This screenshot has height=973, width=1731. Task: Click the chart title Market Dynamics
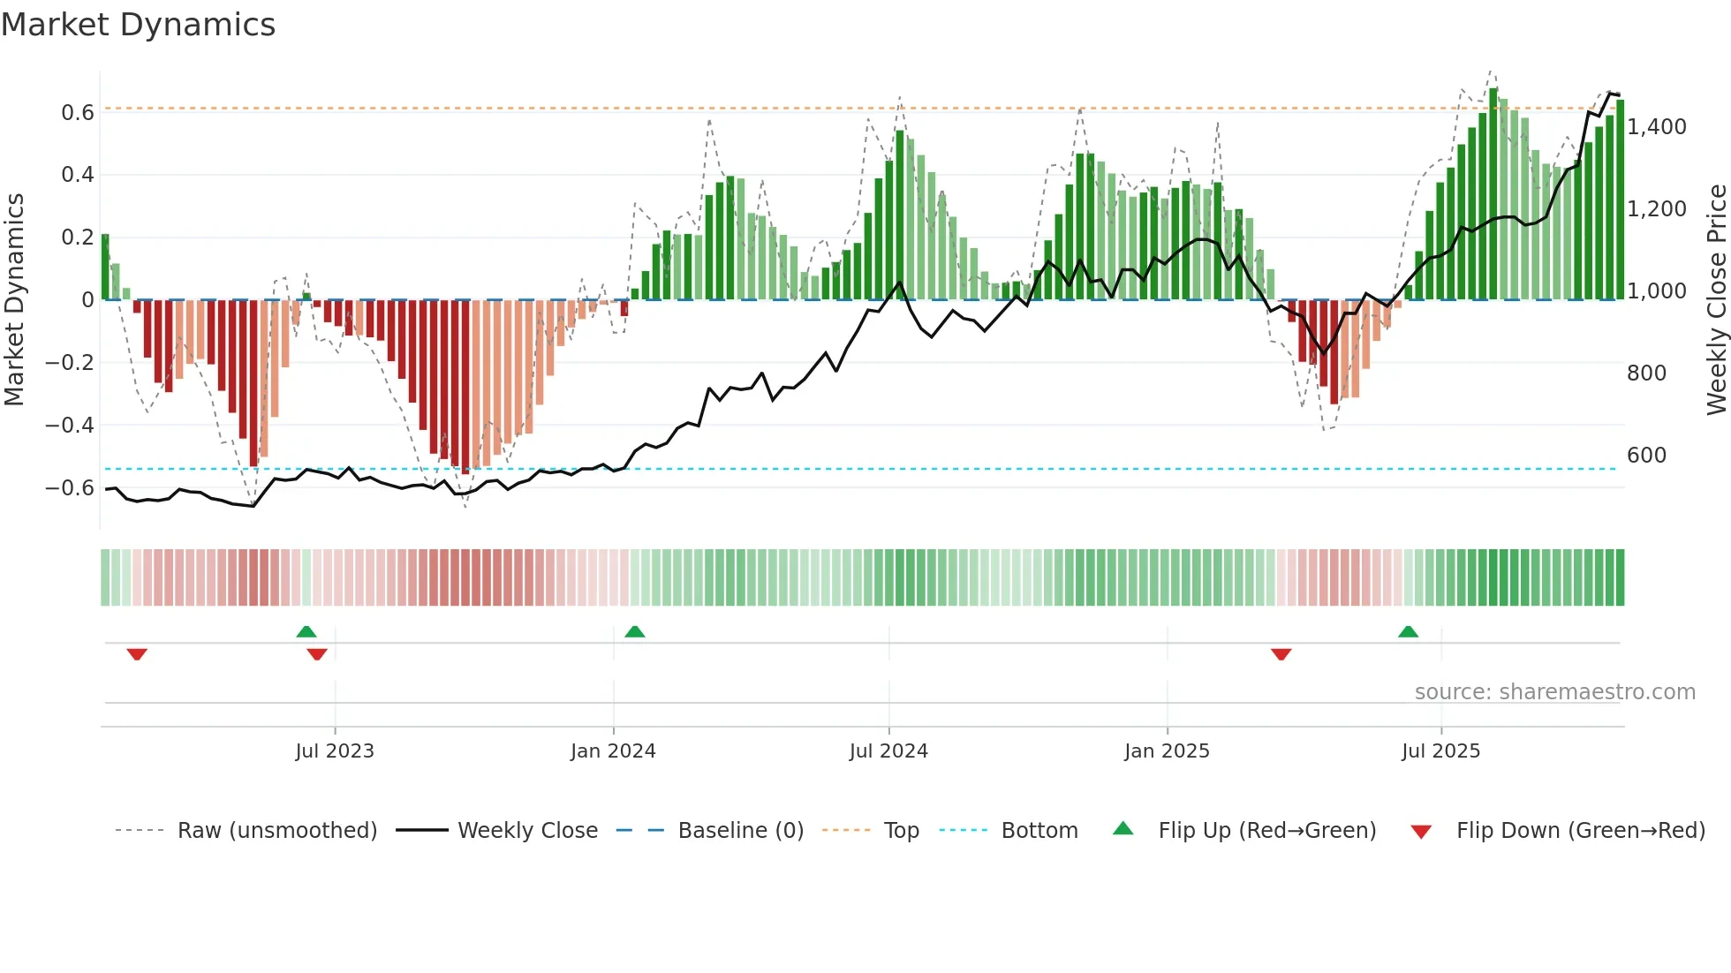[x=139, y=25]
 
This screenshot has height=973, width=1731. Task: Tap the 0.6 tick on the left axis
[x=77, y=113]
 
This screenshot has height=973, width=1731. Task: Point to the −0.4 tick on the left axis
[x=69, y=426]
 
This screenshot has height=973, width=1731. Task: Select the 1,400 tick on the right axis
[x=1656, y=127]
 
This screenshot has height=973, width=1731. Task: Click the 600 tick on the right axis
[x=1646, y=456]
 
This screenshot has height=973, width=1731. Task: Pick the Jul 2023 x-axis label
[x=335, y=751]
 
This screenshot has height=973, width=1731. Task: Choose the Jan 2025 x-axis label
[x=1167, y=751]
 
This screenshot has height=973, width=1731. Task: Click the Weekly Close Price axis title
[x=1716, y=300]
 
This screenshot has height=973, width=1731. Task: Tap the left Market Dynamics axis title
[x=14, y=300]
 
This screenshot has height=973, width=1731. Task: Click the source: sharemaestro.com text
[x=1554, y=692]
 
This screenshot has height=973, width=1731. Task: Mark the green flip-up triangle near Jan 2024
[x=634, y=631]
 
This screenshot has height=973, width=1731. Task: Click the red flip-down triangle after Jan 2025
[x=1281, y=654]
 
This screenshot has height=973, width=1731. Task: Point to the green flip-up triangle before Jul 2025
[x=1408, y=631]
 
